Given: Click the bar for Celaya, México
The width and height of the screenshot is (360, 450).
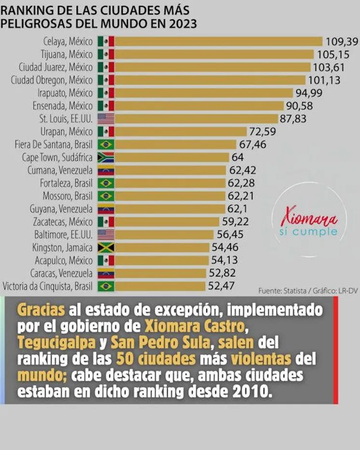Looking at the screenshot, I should click(218, 41).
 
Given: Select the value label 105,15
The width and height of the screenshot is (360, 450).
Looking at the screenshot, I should click(334, 54).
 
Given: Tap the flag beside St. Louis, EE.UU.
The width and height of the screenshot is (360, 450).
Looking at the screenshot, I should click(106, 118).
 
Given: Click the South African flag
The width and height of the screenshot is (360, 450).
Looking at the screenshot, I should click(106, 157).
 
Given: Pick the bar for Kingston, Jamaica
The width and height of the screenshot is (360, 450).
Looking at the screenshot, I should click(163, 247).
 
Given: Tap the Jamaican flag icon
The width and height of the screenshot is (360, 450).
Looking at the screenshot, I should click(106, 247).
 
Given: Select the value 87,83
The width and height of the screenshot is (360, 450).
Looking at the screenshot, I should click(293, 119).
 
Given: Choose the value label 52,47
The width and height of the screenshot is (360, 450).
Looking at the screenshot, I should click(222, 286).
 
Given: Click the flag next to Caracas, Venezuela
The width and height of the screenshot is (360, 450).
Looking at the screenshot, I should click(106, 273).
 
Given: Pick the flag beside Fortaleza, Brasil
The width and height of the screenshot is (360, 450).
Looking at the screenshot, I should click(106, 183).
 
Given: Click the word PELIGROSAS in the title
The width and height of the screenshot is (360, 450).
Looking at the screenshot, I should click(32, 23).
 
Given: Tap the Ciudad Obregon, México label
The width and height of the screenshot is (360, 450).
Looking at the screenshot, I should click(52, 80).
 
